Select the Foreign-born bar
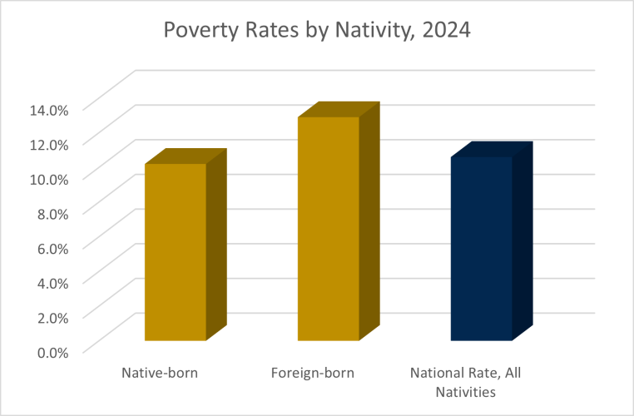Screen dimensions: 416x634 pos(328,229)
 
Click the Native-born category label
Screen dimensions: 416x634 pos(160,373)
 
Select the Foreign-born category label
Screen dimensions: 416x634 pos(313,373)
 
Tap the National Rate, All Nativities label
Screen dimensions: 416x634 pos(466,381)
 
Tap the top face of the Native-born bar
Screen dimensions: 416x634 pos(186,156)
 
